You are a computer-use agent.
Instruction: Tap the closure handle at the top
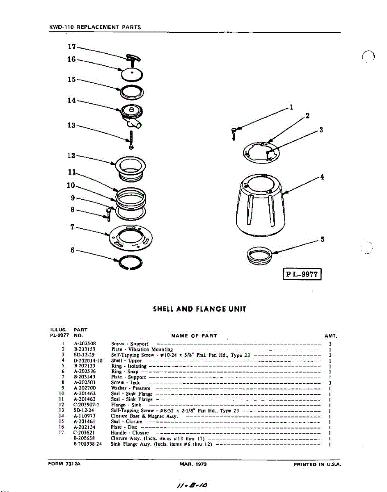click(x=133, y=59)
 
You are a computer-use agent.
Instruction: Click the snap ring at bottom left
click(x=130, y=263)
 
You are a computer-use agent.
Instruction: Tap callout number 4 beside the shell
click(x=322, y=177)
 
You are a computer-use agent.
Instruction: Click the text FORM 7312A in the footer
click(x=64, y=464)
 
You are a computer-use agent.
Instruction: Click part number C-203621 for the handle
click(x=84, y=432)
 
